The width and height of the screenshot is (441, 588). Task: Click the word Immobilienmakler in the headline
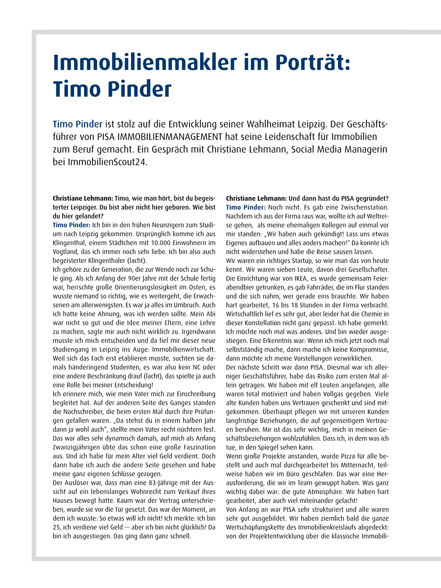(145, 62)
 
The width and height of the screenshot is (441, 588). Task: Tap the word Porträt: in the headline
(313, 62)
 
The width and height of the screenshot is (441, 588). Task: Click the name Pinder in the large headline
(140, 89)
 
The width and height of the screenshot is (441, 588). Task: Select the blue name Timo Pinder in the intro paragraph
(78, 124)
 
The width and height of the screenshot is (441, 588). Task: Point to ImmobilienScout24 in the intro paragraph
(107, 162)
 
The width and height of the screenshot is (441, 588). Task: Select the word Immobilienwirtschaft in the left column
(183, 350)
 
